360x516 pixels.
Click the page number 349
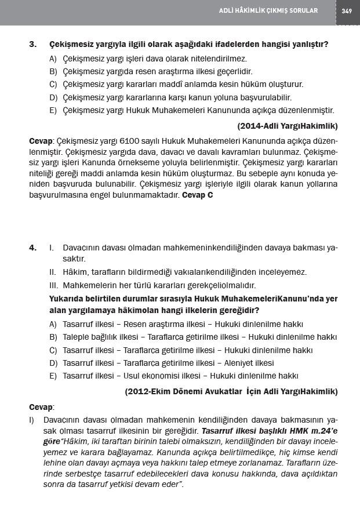pyautogui.click(x=347, y=10)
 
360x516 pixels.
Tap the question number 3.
pyautogui.click(x=32, y=44)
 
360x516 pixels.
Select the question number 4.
pyautogui.click(x=32, y=248)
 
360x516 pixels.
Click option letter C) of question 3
pyautogui.click(x=53, y=84)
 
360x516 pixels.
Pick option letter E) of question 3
pyautogui.click(x=53, y=110)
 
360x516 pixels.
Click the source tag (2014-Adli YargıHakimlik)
pyautogui.click(x=288, y=125)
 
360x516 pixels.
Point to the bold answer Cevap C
pyautogui.click(x=198, y=195)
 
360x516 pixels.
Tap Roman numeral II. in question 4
pyautogui.click(x=52, y=272)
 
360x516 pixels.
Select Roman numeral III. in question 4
pyautogui.click(x=53, y=285)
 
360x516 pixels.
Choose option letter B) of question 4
pyautogui.click(x=53, y=337)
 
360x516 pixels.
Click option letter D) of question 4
pyautogui.click(x=53, y=363)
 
